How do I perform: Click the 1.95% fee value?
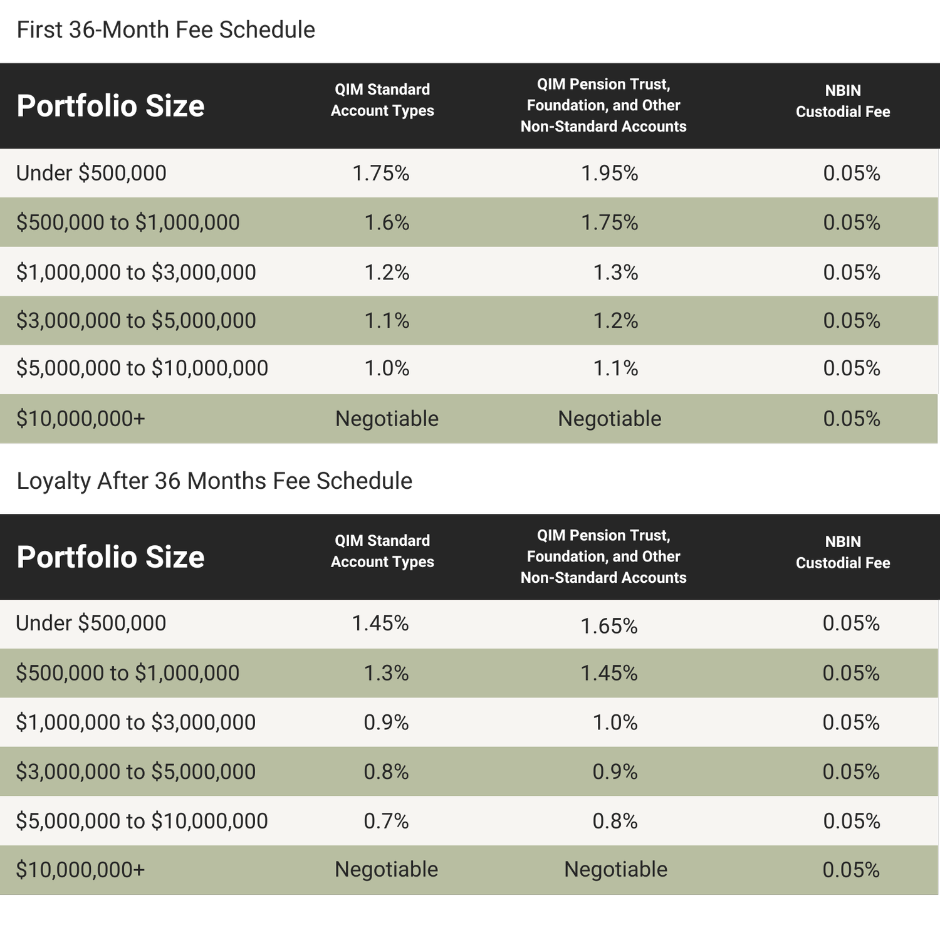point(609,173)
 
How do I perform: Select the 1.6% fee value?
point(387,222)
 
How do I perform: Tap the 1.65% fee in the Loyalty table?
point(608,625)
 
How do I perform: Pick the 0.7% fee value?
point(386,820)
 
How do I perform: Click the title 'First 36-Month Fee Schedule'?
point(165,29)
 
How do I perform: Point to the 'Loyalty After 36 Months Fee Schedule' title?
point(214,481)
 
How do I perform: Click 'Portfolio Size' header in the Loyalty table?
point(110,556)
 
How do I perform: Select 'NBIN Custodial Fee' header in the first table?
point(842,101)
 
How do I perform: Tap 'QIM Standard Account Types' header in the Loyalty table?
point(382,551)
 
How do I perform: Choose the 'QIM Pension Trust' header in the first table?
point(603,105)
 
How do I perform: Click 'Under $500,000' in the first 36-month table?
point(91,173)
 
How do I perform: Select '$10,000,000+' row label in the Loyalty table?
point(80,870)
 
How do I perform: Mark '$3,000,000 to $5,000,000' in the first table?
point(136,320)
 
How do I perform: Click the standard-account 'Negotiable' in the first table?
point(387,419)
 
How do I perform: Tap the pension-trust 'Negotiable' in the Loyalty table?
point(615,869)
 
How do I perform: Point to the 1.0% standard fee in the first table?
point(387,368)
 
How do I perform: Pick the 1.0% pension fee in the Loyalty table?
point(615,722)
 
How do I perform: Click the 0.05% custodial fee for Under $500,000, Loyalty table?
point(851,623)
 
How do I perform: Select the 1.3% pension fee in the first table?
point(615,272)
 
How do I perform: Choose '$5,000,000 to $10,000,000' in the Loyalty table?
point(142,820)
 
